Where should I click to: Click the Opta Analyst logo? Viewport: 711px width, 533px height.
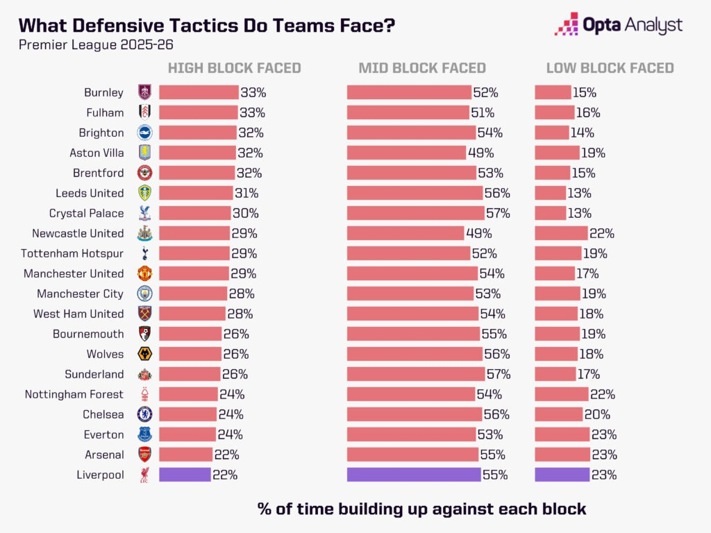[619, 26]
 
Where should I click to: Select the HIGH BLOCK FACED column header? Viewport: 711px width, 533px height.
[234, 68]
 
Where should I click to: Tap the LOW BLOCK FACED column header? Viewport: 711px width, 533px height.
[610, 68]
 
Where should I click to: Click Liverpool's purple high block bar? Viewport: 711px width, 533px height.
[185, 475]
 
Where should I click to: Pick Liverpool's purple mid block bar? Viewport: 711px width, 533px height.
[414, 475]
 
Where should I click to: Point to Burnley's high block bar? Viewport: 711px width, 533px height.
[199, 92]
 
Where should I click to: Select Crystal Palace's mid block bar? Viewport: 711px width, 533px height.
[415, 213]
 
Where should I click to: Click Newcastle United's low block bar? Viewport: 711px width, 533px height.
[561, 233]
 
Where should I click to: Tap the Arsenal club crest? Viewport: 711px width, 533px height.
[144, 455]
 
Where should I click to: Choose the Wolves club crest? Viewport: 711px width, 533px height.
[144, 354]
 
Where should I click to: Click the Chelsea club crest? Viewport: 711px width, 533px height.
[144, 414]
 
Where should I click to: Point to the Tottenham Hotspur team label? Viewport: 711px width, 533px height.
[72, 253]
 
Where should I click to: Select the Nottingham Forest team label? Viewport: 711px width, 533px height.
[74, 394]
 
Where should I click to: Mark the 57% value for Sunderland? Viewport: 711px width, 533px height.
[499, 374]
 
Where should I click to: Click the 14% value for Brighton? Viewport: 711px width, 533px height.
[583, 133]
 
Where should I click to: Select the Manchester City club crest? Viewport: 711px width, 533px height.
[144, 294]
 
